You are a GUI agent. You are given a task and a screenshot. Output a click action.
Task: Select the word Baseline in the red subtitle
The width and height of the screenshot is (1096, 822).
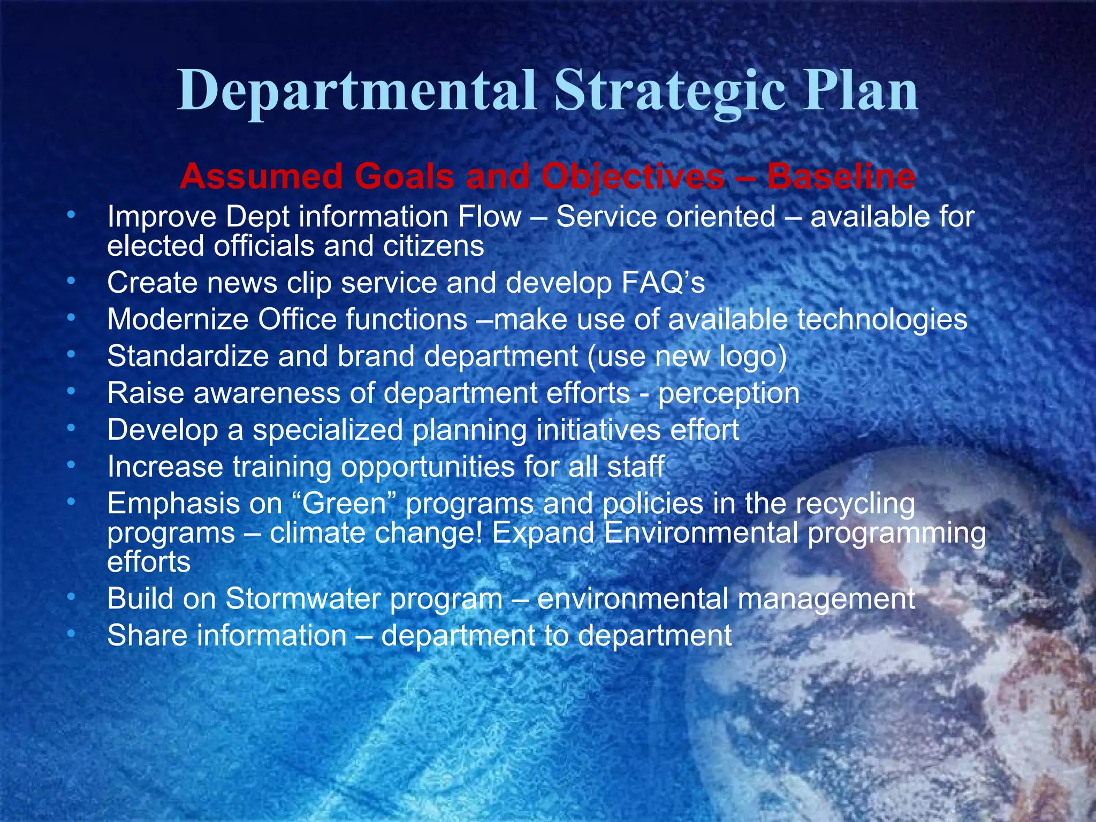[841, 177]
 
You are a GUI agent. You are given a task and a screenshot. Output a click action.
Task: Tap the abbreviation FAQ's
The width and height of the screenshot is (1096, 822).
[663, 283]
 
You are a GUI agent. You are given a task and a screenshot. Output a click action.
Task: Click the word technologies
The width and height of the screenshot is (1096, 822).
[882, 319]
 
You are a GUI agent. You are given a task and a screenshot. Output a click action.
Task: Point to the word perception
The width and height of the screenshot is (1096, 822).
[729, 394]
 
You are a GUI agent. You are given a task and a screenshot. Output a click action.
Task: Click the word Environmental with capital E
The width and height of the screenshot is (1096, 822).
[701, 533]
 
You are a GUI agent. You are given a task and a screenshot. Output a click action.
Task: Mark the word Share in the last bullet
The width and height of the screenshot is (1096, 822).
[147, 635]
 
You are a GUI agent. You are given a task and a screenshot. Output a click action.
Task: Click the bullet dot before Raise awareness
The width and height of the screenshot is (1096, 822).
[71, 392]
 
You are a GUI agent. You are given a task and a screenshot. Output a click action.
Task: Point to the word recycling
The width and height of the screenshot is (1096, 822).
[855, 505]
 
